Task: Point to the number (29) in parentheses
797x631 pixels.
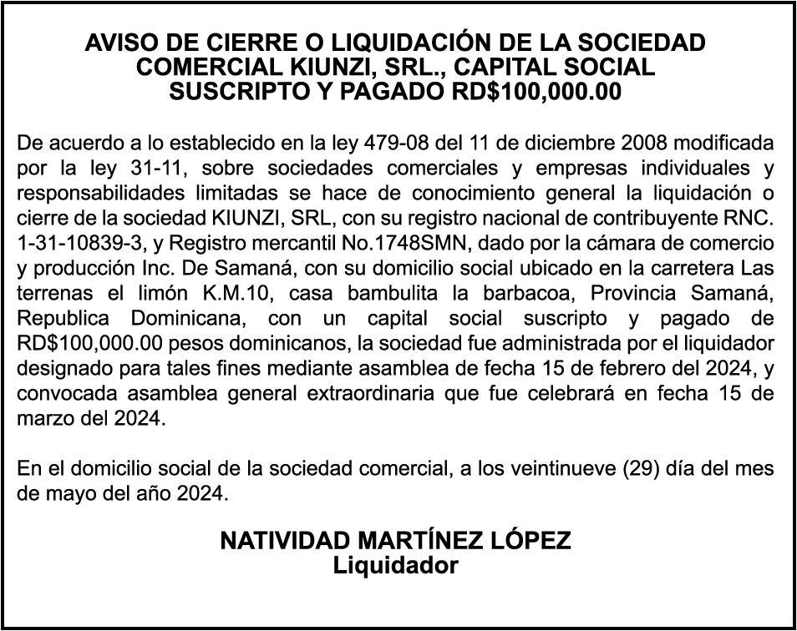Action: (x=644, y=468)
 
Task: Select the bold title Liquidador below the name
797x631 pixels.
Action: (x=396, y=565)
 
